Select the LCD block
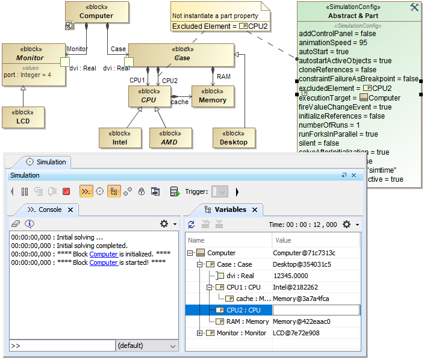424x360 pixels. tap(23, 117)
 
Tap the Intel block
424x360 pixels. tap(120, 138)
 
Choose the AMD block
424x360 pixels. tap(170, 138)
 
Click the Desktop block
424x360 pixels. tap(234, 138)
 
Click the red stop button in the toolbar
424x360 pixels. tap(66, 191)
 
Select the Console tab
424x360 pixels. tap(50, 209)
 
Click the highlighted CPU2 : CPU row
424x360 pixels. tap(243, 309)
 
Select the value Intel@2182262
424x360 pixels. tap(295, 287)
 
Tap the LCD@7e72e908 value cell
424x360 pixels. tap(296, 333)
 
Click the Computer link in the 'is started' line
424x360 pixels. tap(104, 262)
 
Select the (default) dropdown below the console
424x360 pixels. tap(146, 346)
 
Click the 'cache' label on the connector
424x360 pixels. tap(179, 102)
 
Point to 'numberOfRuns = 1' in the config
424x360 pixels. tap(329, 125)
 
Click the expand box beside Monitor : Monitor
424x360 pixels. tap(200, 333)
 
